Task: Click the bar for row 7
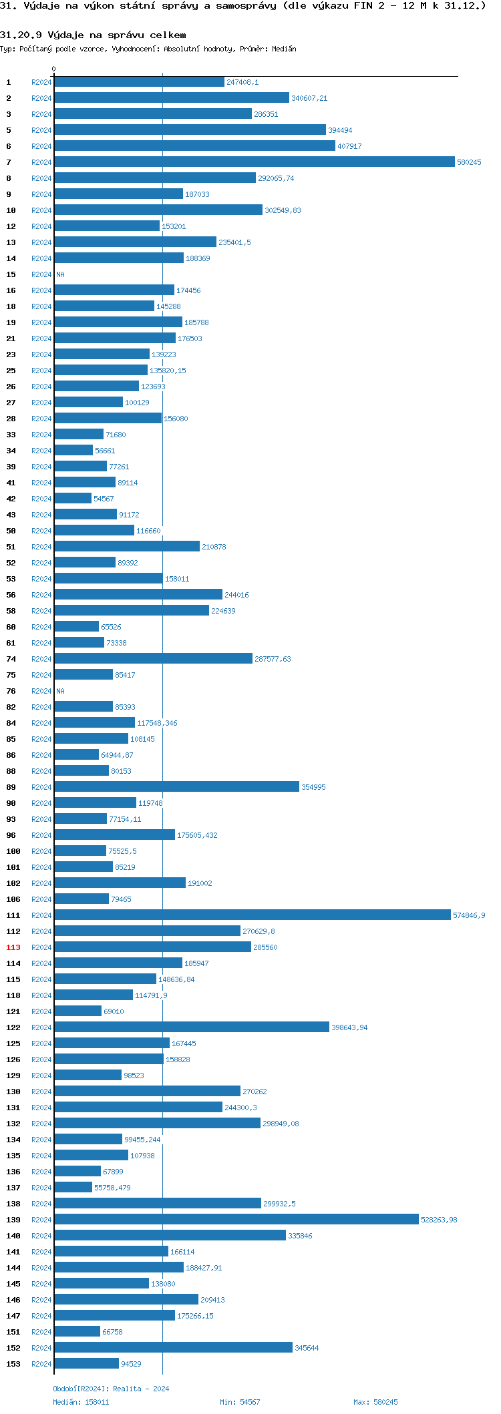coord(254,162)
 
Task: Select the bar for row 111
coord(253,915)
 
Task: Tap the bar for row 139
coord(236,1220)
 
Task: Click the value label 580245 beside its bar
coord(469,162)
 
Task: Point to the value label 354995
coord(313,787)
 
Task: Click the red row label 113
coord(13,947)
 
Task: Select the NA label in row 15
coord(60,274)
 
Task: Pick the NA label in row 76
coord(60,691)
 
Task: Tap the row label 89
coord(11,787)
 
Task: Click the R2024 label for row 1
coord(41,82)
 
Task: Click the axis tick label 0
coord(54,69)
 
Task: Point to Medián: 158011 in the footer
coord(81,1402)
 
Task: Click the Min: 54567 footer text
coord(240,1402)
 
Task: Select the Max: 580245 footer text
coord(375,1402)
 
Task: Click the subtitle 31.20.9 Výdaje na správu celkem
coord(93,35)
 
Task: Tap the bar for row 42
coord(73,499)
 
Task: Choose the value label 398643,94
coord(349,1027)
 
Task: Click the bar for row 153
coord(86,1364)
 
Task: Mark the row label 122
coord(13,1027)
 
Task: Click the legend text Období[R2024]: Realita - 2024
coord(111,1389)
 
